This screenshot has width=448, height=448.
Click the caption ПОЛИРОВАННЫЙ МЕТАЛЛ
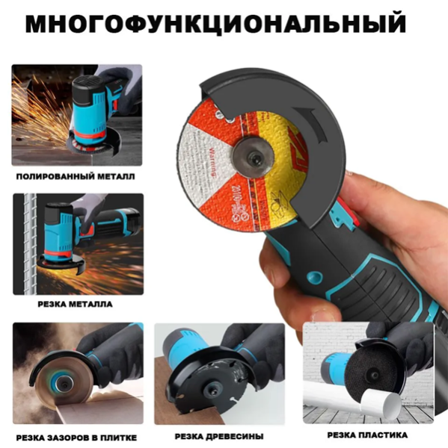(76, 177)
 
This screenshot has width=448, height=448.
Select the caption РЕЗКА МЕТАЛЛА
(76, 304)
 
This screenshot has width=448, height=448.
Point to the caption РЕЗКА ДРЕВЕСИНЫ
(220, 435)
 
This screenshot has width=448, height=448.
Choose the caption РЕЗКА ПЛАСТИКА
(367, 434)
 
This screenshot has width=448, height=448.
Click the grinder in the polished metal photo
(93, 112)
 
